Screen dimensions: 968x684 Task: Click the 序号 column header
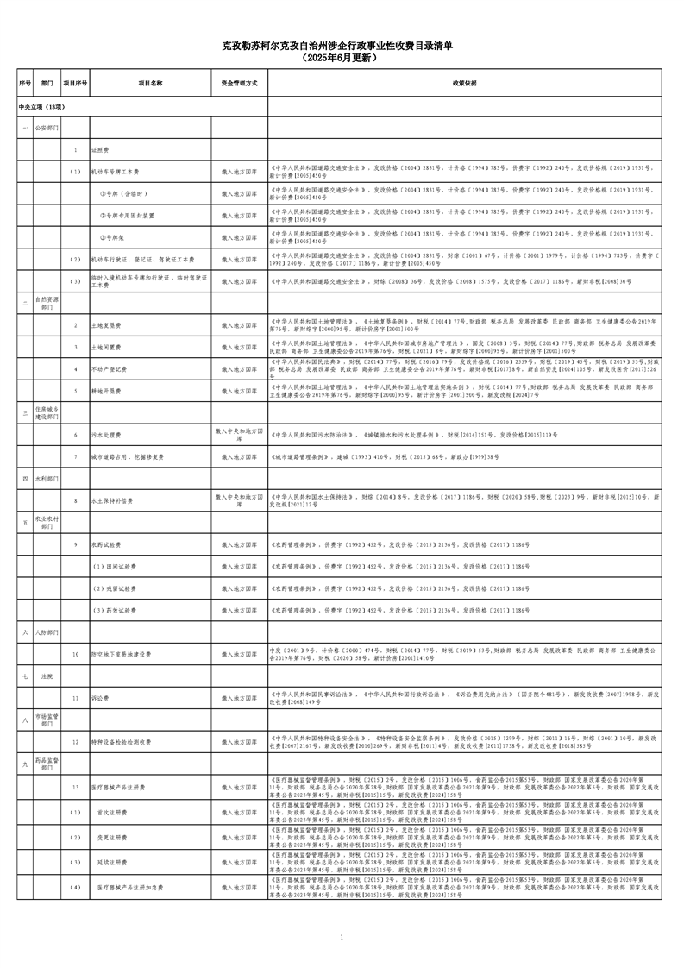25,84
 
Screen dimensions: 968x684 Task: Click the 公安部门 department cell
47,128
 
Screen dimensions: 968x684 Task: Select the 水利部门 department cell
47,478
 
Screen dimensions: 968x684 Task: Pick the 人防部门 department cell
47,632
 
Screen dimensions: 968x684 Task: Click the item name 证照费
100,149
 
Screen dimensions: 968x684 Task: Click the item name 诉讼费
100,698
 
